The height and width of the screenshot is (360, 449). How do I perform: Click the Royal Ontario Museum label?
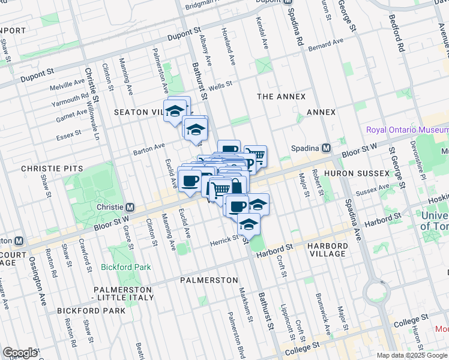coord(407,130)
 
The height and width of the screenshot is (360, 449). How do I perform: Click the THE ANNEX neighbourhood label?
coord(281,97)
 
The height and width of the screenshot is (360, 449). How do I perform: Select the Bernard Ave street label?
coord(325,45)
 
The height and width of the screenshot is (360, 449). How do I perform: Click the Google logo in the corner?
coord(20,353)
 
